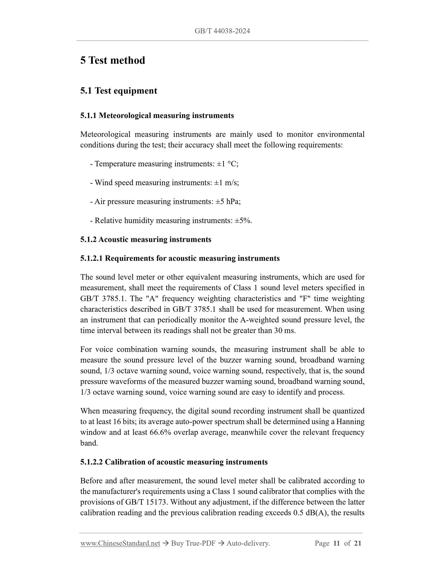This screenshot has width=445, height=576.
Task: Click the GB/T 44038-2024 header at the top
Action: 222,31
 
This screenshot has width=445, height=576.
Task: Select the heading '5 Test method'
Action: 112,60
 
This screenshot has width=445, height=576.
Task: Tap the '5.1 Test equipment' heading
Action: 119,91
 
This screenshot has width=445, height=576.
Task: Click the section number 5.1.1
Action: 88,116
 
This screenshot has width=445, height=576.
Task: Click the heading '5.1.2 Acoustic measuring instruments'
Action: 146,239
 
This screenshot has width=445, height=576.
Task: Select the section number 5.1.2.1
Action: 91,258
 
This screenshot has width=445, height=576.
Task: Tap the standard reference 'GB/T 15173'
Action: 146,502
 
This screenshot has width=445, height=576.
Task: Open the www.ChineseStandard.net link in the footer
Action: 120,543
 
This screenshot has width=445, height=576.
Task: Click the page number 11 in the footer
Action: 336,543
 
